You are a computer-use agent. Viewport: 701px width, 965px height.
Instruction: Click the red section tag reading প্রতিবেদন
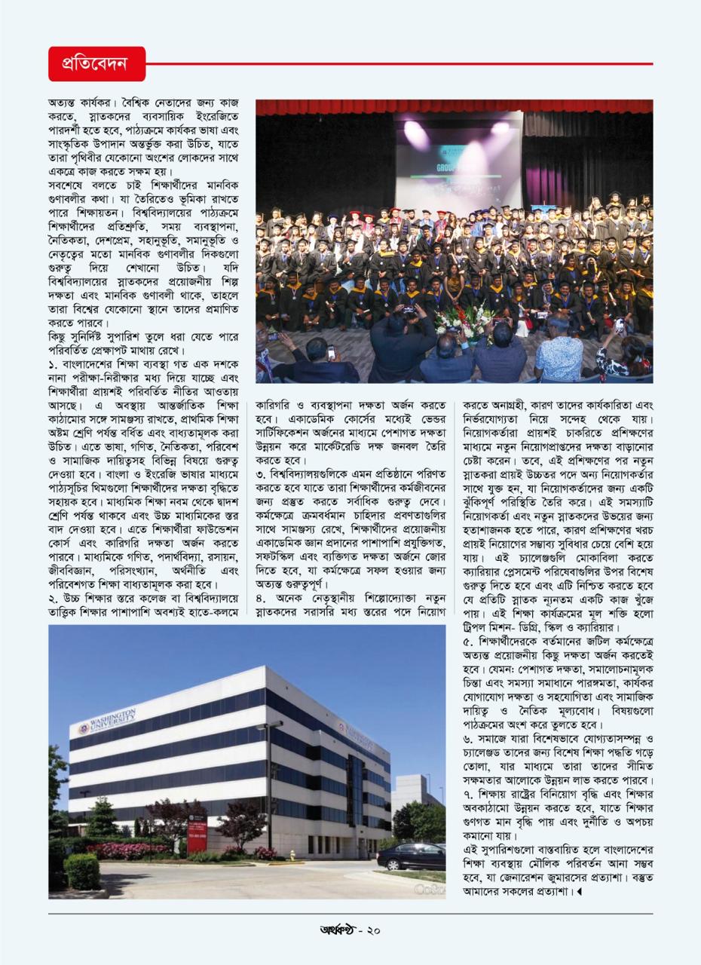(x=96, y=64)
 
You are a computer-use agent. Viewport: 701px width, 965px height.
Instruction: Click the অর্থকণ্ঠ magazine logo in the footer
(x=336, y=930)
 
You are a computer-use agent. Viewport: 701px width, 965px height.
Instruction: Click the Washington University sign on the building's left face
(x=108, y=722)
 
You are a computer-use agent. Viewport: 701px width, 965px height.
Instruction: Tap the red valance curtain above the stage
(x=454, y=106)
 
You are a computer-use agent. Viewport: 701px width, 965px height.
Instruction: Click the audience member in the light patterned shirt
(x=559, y=351)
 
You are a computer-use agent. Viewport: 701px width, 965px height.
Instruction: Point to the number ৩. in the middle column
(x=261, y=474)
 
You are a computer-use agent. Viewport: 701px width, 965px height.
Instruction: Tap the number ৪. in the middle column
(x=261, y=599)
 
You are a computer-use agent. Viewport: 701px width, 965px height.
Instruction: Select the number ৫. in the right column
(x=468, y=642)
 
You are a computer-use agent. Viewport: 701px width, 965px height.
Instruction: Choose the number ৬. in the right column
(x=468, y=739)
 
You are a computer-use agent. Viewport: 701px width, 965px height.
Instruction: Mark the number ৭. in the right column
(x=467, y=795)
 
